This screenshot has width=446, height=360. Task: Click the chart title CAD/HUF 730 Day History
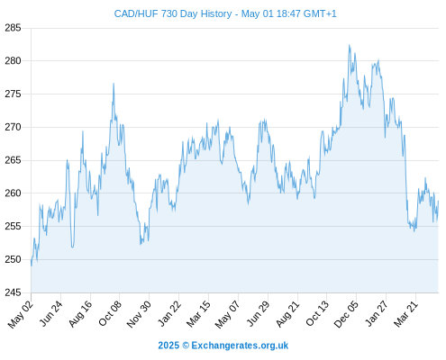click(x=173, y=13)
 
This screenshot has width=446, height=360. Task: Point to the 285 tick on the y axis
click(x=13, y=28)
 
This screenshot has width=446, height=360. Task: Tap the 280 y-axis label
click(x=13, y=61)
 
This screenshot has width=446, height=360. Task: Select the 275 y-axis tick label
click(x=13, y=94)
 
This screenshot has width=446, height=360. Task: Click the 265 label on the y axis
click(x=13, y=160)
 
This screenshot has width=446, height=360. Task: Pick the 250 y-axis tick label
click(x=13, y=259)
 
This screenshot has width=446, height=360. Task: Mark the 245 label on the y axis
click(x=13, y=292)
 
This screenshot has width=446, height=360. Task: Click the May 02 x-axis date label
click(x=21, y=314)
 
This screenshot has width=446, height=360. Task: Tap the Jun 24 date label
click(x=51, y=313)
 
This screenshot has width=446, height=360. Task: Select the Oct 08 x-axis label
click(x=110, y=313)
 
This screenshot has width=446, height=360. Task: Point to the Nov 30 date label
click(x=139, y=314)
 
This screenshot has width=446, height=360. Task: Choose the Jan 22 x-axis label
click(x=169, y=313)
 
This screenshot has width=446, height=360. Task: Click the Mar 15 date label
click(x=198, y=314)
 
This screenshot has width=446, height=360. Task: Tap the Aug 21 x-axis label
click(x=287, y=314)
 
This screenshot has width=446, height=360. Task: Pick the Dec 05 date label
click(x=346, y=314)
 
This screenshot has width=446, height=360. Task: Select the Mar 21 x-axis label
click(x=406, y=314)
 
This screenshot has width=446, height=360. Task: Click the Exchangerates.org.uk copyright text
click(x=223, y=346)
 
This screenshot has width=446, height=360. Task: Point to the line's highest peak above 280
click(x=349, y=45)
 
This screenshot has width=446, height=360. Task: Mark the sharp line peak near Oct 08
click(x=114, y=84)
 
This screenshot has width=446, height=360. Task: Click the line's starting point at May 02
click(x=32, y=265)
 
